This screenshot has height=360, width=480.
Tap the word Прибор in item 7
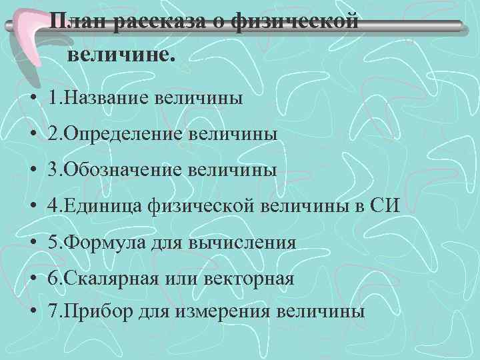pos(99,313)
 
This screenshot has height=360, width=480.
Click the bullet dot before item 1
pos(33,100)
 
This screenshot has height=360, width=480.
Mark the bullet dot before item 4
pos(33,207)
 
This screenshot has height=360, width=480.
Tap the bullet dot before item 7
pos(33,313)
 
